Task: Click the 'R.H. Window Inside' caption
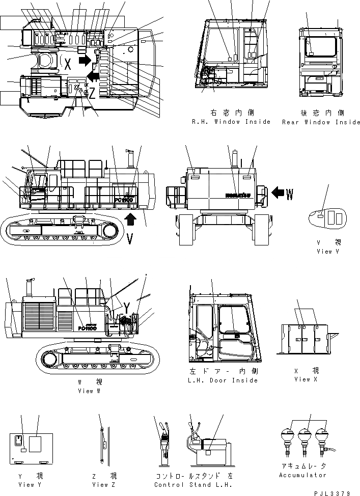point(231,122)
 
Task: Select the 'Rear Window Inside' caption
point(321,122)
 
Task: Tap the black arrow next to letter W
point(278,193)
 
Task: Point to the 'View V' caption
point(324,251)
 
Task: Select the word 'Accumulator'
point(302,475)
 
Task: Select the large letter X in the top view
point(67,62)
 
